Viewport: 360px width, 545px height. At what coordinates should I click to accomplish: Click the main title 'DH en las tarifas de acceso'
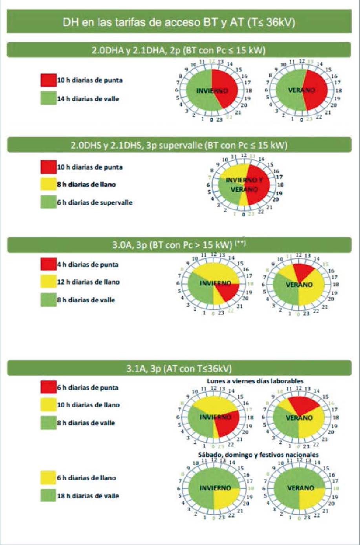[x=179, y=22]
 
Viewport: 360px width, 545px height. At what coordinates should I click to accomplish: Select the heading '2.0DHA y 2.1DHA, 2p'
[x=179, y=50]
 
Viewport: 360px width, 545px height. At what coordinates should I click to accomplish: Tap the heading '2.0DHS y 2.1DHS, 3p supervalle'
[x=179, y=145]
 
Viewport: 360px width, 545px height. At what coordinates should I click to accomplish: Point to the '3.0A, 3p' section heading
[x=179, y=245]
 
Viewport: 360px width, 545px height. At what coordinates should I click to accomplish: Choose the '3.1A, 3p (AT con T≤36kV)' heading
[x=179, y=368]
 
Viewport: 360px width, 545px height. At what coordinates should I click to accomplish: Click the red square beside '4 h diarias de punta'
[x=48, y=264]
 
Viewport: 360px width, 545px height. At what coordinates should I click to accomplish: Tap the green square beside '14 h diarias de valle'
[x=48, y=98]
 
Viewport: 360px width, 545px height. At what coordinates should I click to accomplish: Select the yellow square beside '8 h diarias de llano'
[x=48, y=184]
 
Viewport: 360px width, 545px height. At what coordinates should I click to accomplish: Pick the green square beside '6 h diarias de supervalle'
[x=48, y=202]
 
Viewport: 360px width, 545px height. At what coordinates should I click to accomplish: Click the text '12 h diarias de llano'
[x=88, y=282]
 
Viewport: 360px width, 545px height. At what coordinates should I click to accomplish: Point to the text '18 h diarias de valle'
[x=88, y=496]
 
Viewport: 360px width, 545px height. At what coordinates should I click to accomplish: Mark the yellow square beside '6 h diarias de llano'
[x=48, y=478]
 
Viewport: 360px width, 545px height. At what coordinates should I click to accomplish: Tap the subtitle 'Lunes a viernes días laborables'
[x=255, y=381]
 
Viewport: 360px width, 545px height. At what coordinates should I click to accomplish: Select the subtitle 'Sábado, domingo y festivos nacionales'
[x=258, y=455]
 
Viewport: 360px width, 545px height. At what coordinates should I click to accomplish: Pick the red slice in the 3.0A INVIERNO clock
[x=227, y=291]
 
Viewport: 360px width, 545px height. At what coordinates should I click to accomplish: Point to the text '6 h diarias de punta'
[x=88, y=388]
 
